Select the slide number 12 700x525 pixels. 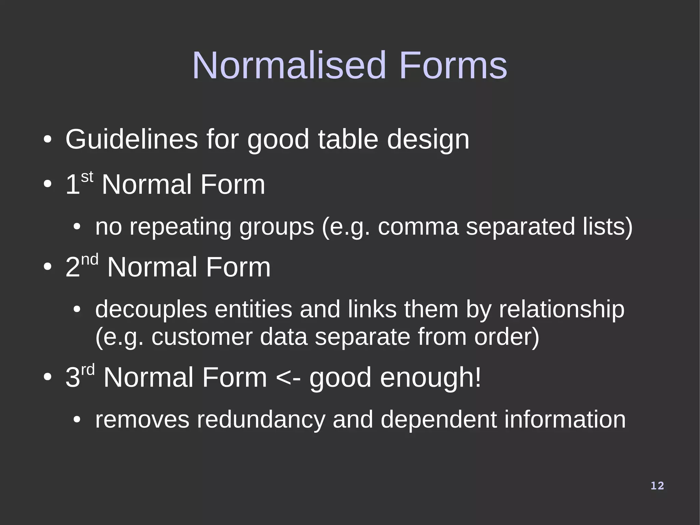pyautogui.click(x=657, y=486)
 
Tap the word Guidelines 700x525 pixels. pyautogui.click(x=132, y=140)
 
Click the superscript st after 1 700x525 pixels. pyautogui.click(x=87, y=177)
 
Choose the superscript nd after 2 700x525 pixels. pyautogui.click(x=90, y=260)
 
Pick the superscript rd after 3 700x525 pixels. pyautogui.click(x=88, y=370)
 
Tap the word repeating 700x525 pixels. pyautogui.click(x=180, y=227)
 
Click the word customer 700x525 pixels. pyautogui.click(x=202, y=337)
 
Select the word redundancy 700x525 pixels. pyautogui.click(x=261, y=420)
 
